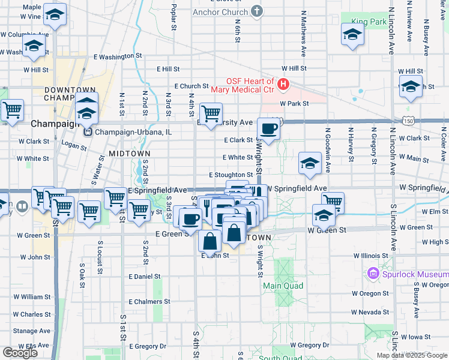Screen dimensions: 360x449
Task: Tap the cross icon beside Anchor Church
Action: pos(257,11)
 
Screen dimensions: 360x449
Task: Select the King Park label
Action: pos(369,22)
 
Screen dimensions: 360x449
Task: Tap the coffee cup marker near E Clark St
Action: pos(268,128)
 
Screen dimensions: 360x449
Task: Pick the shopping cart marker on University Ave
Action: pos(211,113)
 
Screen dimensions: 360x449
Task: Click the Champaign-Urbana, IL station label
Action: pos(132,132)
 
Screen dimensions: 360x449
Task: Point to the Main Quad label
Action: pos(283,286)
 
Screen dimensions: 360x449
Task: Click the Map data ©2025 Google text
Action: pos(412,355)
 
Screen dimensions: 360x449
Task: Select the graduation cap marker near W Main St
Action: pos(310,163)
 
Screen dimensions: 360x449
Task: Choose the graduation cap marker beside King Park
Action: pos(352,34)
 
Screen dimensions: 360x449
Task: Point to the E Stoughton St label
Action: pos(231,175)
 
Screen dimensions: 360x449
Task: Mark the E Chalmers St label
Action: pos(150,302)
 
